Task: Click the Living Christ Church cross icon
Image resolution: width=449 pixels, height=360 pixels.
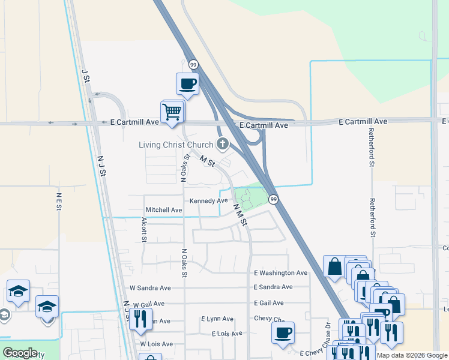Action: pos(223,143)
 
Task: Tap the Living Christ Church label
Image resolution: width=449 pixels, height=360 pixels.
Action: pos(176,145)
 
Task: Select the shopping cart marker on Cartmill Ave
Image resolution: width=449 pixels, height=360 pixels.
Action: pos(172,112)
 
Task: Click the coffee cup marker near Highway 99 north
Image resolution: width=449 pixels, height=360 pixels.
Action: pos(187,83)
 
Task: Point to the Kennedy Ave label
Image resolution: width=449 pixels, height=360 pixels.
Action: pos(209,200)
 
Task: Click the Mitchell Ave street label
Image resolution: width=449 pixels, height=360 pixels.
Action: pos(164,210)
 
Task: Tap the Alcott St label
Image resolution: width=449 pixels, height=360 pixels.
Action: pos(144,230)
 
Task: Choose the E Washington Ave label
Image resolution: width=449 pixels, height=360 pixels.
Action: pos(280,273)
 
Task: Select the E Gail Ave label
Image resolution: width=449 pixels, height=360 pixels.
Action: pos(268,303)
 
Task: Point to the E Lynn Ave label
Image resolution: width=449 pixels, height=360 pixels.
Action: pos(217,319)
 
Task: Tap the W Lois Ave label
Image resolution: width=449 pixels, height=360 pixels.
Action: pos(156,344)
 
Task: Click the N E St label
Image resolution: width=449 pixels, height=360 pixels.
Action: pos(59,202)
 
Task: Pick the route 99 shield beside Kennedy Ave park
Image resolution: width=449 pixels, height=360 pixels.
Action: pos(273,199)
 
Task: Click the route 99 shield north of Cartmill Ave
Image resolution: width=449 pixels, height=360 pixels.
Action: pos(193,64)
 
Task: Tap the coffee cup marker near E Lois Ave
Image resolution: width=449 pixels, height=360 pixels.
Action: pos(283,332)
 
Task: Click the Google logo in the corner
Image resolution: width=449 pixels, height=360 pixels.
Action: pos(20,353)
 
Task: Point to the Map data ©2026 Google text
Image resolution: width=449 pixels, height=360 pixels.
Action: pos(412,355)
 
